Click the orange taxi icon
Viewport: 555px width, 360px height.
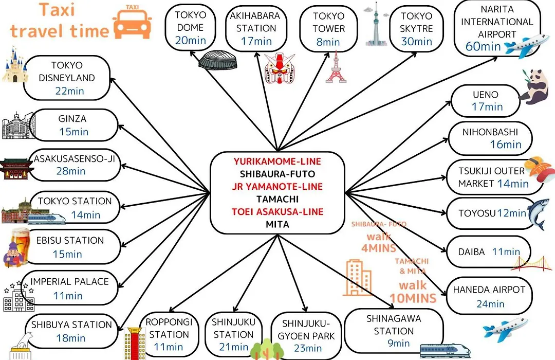[133, 22]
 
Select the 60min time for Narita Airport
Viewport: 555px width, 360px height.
[483, 46]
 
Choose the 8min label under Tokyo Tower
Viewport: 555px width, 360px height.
[328, 42]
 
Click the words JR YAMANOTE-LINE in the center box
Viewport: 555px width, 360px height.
[277, 186]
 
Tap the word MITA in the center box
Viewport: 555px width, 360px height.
[277, 224]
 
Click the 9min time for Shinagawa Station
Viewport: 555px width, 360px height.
[399, 343]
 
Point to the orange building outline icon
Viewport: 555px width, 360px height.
[358, 278]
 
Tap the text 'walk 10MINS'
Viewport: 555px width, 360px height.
[413, 292]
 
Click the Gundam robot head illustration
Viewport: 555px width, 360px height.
[279, 68]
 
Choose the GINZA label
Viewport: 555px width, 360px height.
[72, 119]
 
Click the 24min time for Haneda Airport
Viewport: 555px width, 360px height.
[490, 303]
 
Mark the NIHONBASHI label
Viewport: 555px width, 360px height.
[490, 132]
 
